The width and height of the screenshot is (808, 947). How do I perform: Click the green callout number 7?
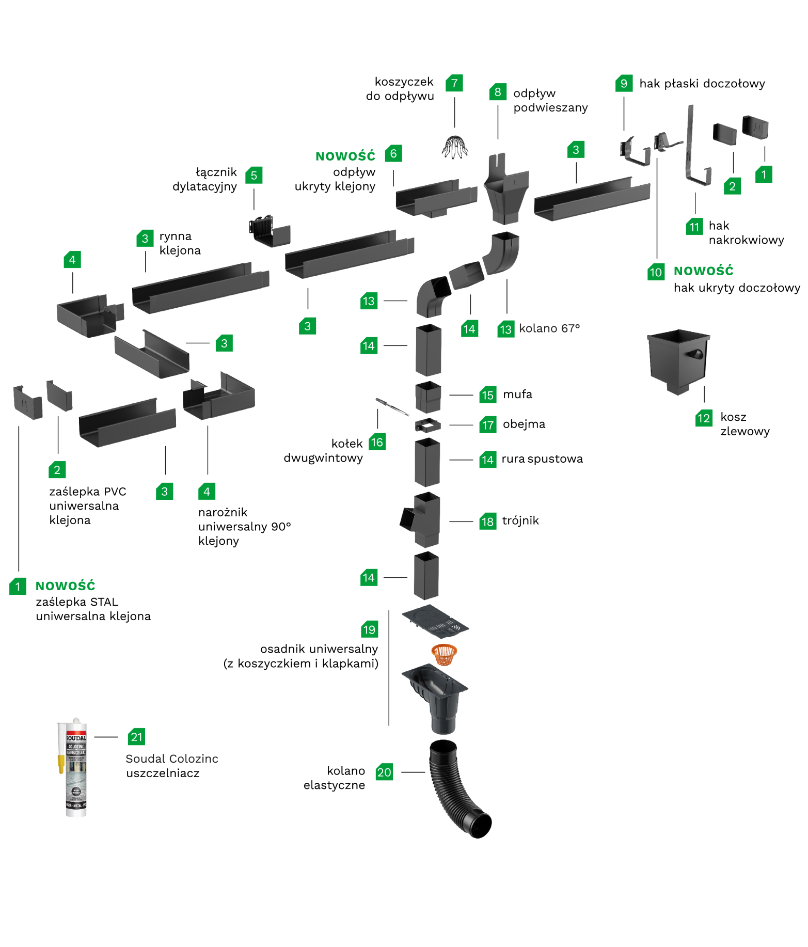(454, 83)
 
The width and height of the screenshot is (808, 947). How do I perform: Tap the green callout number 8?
(498, 92)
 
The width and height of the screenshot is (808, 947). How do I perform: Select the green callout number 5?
(254, 175)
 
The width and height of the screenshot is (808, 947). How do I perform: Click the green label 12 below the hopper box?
(704, 418)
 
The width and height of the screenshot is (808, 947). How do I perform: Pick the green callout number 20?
(384, 772)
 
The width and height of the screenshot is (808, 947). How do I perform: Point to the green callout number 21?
(136, 737)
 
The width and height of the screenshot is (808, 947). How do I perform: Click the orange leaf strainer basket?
(444, 654)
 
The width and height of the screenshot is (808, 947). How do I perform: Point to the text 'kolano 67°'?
(549, 328)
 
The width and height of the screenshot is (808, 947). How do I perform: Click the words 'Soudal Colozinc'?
(172, 759)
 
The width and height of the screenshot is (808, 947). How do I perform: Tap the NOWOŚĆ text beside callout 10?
(703, 271)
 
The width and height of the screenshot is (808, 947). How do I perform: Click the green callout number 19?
(369, 629)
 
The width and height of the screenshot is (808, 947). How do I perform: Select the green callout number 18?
(487, 522)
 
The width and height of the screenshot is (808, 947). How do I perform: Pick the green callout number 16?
(377, 442)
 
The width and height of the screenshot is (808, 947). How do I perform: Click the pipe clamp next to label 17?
(427, 425)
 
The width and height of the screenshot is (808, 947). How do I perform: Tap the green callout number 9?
(624, 83)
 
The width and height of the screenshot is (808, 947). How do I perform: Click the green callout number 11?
(694, 227)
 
